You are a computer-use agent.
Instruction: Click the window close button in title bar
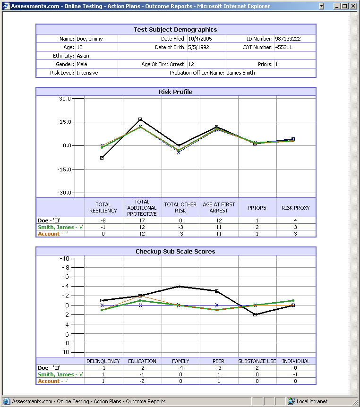pyautogui.click(x=353, y=6)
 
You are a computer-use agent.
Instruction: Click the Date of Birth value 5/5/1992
pyautogui.click(x=198, y=47)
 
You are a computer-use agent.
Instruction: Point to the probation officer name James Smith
pyautogui.click(x=241, y=73)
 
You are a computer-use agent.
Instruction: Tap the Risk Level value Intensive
pyautogui.click(x=87, y=73)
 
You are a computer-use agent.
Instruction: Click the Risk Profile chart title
pyautogui.click(x=176, y=92)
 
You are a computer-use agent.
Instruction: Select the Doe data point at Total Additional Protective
pyautogui.click(x=140, y=119)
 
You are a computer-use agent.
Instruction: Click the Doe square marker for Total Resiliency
pyautogui.click(x=102, y=158)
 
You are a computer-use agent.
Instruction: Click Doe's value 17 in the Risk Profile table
pyautogui.click(x=142, y=220)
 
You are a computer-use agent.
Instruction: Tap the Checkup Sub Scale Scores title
pyautogui.click(x=176, y=251)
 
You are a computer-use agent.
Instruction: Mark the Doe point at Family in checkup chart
pyautogui.click(x=179, y=286)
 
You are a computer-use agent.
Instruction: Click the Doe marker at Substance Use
pyautogui.click(x=255, y=314)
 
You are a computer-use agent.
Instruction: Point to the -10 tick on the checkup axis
pyautogui.click(x=64, y=258)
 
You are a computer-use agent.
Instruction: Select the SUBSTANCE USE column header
pyautogui.click(x=257, y=361)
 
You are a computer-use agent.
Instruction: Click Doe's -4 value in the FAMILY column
pyautogui.click(x=180, y=368)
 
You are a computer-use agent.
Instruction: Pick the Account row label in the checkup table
pyautogui.click(x=49, y=381)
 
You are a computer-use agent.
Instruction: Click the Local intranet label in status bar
pyautogui.click(x=312, y=402)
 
